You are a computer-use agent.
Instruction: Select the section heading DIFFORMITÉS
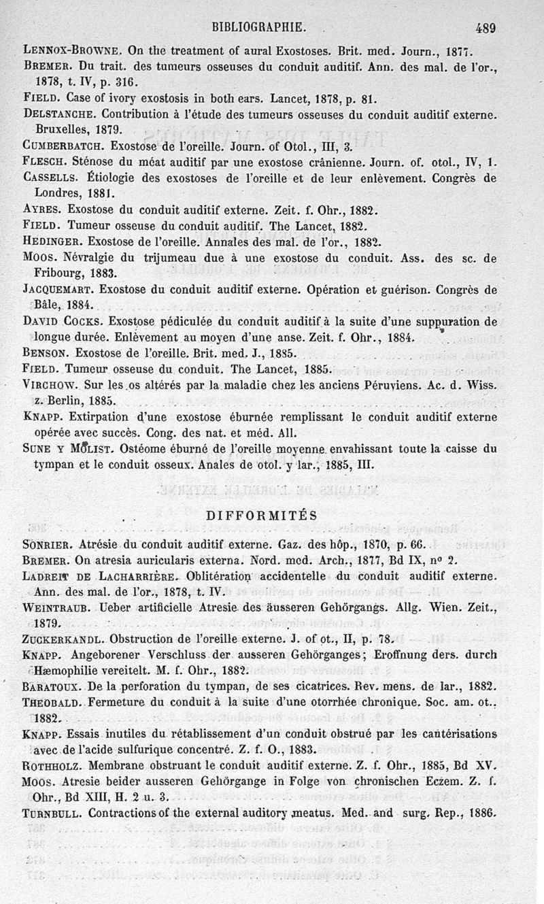(x=262, y=516)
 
